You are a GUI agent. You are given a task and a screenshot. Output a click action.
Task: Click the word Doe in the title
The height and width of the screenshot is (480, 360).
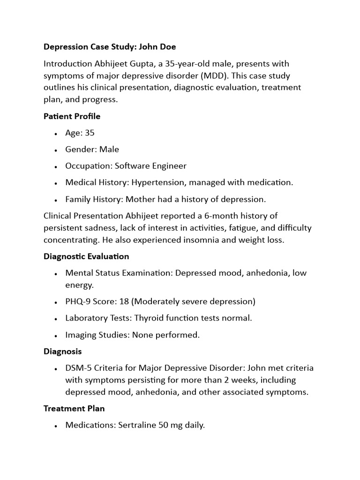[x=168, y=47]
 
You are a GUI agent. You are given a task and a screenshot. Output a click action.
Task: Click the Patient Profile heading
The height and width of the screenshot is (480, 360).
[x=72, y=116]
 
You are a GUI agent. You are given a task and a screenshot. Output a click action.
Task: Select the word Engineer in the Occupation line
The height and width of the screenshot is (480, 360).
[x=168, y=166]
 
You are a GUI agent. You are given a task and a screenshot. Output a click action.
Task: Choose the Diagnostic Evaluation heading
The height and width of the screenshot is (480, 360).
[x=86, y=256]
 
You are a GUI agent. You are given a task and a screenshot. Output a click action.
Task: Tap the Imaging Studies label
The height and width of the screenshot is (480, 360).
[x=97, y=335]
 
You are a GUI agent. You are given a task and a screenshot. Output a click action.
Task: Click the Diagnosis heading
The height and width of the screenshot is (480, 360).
[x=62, y=351]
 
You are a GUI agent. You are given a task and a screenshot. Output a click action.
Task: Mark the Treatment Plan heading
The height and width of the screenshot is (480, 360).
[x=74, y=408]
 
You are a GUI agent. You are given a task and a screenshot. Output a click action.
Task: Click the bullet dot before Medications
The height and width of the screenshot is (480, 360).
[x=56, y=426]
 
